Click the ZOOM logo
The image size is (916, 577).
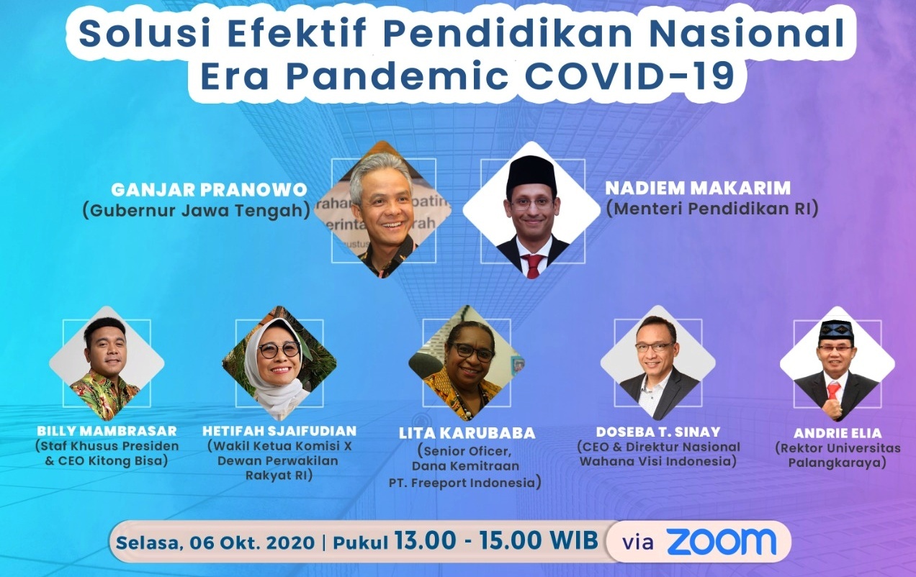(722, 542)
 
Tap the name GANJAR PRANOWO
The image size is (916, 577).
(209, 190)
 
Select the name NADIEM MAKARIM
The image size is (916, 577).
(698, 188)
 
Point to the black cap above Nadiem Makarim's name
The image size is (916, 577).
(531, 173)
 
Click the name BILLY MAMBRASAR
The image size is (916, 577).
(107, 431)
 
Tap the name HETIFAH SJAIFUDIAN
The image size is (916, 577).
(279, 431)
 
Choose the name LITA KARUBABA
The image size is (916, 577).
(467, 433)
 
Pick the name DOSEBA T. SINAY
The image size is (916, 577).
(658, 432)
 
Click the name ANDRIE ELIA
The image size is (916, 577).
(838, 433)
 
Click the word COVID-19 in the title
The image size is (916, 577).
(630, 76)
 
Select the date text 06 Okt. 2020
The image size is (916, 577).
(252, 542)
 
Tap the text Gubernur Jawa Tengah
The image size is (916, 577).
(197, 211)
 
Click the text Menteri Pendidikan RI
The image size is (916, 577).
(712, 209)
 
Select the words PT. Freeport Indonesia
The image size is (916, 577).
(465, 483)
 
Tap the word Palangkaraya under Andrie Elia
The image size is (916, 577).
(837, 463)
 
